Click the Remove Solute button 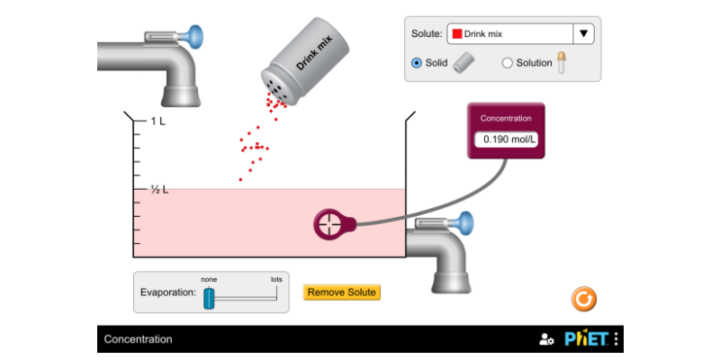(342, 292)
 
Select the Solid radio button (417, 63)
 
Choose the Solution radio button (508, 63)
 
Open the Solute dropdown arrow (584, 34)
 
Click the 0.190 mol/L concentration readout (506, 139)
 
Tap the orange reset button (584, 298)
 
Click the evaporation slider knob (209, 298)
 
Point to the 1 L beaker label (157, 121)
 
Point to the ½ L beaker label (159, 190)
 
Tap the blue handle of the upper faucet (193, 37)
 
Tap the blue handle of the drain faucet (464, 221)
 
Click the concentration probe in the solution (330, 224)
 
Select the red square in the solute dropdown (457, 34)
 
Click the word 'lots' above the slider (276, 279)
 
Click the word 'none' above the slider (209, 279)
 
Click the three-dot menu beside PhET (616, 339)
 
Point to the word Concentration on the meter (506, 118)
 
